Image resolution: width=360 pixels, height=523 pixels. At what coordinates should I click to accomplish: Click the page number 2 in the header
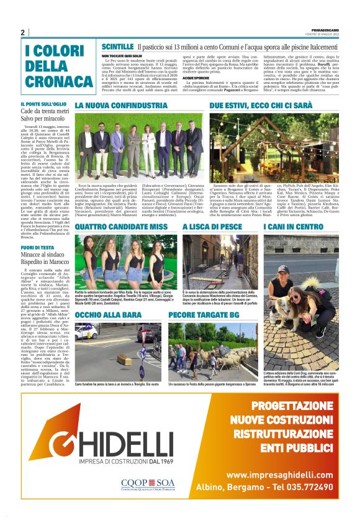point(23,32)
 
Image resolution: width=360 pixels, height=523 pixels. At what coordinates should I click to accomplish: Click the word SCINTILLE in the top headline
point(117,47)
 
